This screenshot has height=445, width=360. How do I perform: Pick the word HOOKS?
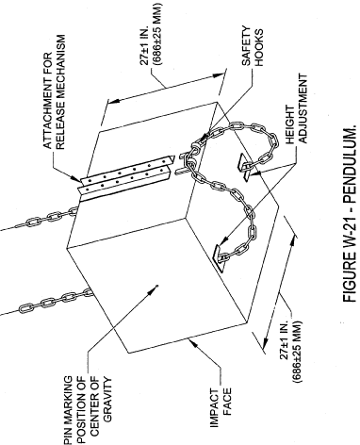click(x=259, y=48)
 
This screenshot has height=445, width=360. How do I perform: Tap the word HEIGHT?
click(x=290, y=124)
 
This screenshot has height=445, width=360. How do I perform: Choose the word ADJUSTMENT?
click(x=303, y=108)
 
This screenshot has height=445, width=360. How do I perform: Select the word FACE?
click(x=227, y=402)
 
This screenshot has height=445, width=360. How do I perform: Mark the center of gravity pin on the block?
click(x=157, y=286)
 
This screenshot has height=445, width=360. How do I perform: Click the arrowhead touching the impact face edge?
click(x=195, y=343)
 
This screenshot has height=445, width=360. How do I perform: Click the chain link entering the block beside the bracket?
click(x=74, y=211)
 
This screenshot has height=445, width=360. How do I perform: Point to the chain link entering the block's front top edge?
click(x=88, y=292)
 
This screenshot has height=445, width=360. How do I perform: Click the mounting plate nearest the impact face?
click(x=221, y=256)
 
